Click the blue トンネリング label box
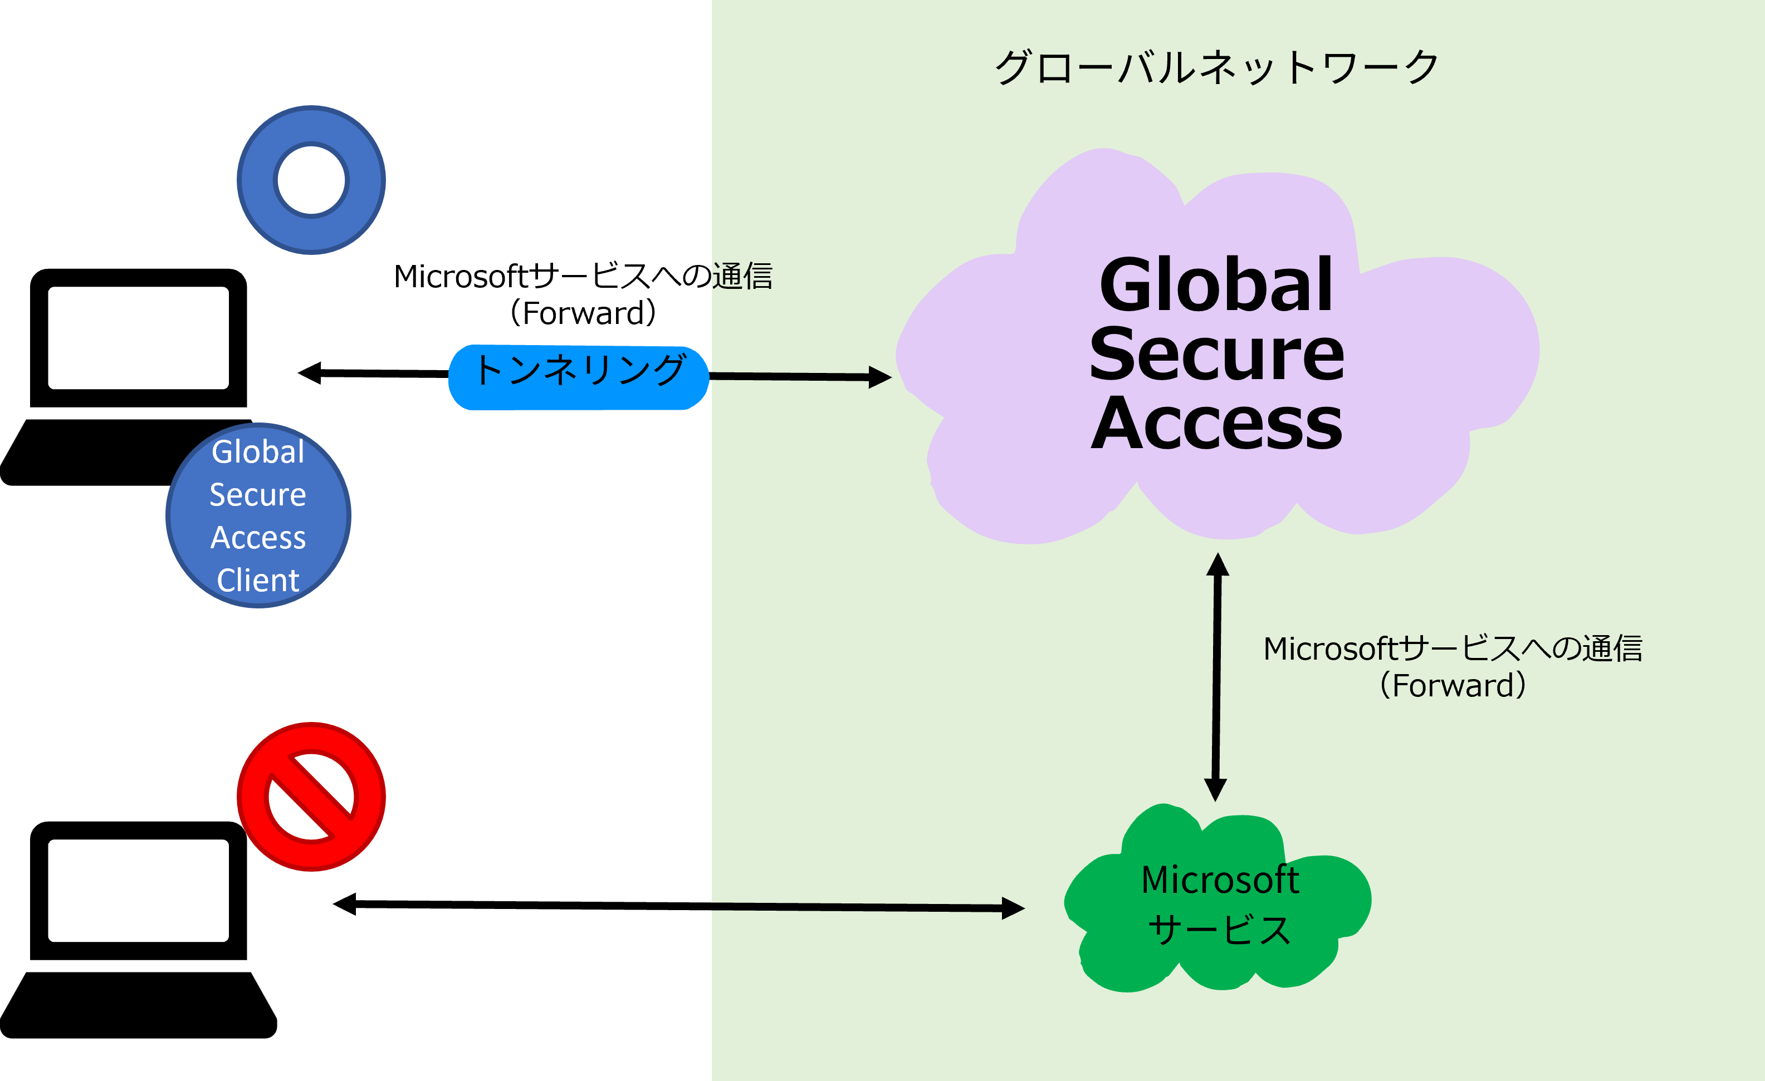579,378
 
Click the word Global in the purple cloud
1216,285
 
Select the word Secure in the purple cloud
1216,353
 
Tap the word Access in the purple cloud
1216,423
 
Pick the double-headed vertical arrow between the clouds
1216,676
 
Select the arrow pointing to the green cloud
867,907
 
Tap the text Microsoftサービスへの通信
1452,648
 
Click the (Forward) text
1452,686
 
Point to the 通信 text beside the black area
743,276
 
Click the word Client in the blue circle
258,580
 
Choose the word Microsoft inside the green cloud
1220,880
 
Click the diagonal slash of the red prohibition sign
311,796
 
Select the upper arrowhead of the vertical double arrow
1218,565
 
